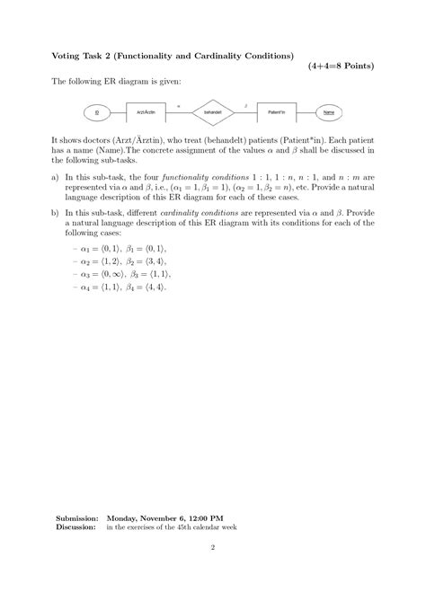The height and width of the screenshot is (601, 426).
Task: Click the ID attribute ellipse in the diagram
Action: (x=96, y=112)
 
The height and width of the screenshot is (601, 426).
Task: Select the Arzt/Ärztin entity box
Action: (x=147, y=112)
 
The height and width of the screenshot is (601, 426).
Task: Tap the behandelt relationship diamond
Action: (x=213, y=112)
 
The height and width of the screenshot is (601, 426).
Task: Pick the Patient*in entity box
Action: (x=278, y=112)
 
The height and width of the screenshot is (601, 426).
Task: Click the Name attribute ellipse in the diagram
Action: (x=330, y=112)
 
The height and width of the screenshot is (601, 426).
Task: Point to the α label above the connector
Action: (x=179, y=105)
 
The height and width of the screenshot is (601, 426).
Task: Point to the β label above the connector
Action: (x=246, y=105)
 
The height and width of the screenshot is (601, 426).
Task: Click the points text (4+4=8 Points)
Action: (x=341, y=66)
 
